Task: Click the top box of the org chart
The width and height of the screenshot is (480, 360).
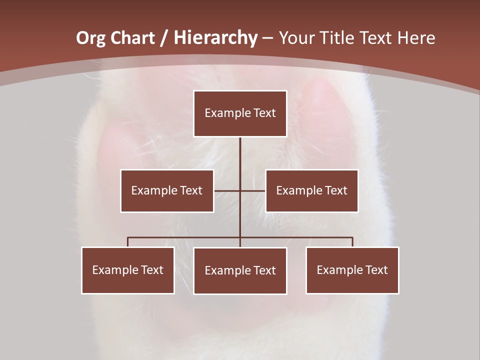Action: coord(240,113)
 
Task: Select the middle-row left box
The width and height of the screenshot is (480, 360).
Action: coord(167,190)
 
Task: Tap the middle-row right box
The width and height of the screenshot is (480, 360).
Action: coord(311,190)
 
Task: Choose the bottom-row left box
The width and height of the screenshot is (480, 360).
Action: coord(127,270)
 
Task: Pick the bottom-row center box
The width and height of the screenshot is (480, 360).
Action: coord(240,270)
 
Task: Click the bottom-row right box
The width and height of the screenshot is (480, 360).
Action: coord(352,270)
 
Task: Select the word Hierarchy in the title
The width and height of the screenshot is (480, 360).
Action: coord(215,38)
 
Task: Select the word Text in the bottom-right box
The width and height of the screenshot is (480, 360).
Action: coord(376,270)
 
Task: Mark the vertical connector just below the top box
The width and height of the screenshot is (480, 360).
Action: coord(240,150)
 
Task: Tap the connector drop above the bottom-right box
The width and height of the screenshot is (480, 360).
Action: coord(352,242)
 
